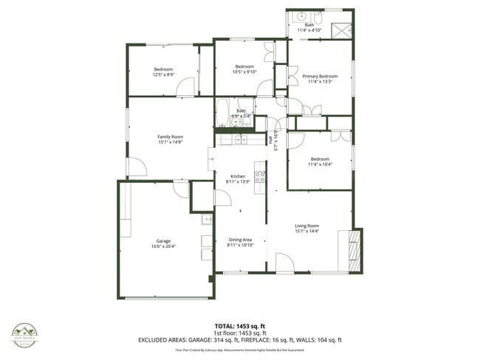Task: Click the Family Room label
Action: [170, 136]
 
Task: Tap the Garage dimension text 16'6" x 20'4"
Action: [164, 246]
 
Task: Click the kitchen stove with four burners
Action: [260, 177]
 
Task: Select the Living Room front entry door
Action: [284, 263]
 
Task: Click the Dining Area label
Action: [240, 240]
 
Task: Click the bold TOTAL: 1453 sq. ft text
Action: [240, 325]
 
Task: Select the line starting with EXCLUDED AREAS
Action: [240, 340]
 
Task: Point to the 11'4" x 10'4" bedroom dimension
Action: [320, 164]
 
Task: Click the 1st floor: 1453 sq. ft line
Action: [240, 333]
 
